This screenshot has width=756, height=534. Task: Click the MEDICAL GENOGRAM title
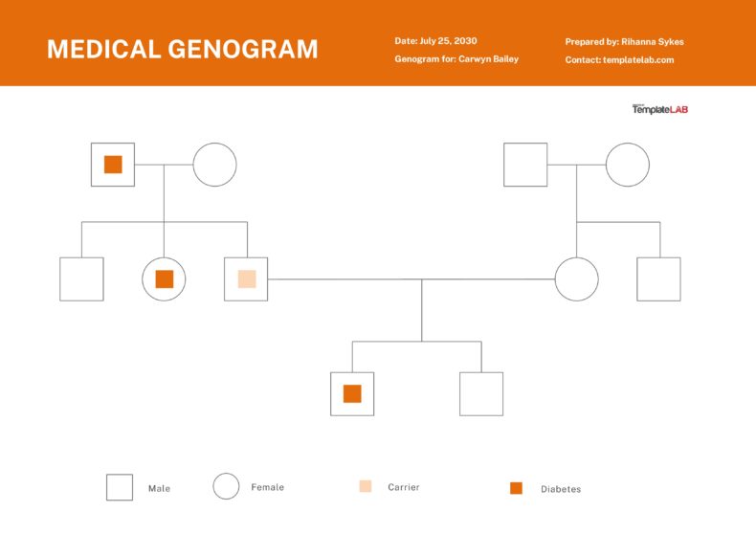click(182, 49)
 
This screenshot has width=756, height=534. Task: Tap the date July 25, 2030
click(448, 41)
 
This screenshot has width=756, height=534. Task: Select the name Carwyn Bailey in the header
click(488, 59)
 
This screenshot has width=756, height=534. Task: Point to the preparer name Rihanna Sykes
click(653, 42)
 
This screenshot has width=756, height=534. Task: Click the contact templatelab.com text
click(638, 60)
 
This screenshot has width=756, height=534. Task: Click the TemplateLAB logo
click(659, 109)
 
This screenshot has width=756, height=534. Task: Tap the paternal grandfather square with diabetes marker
click(113, 165)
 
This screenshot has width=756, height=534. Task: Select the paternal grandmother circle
click(214, 165)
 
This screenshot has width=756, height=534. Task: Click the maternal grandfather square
click(525, 165)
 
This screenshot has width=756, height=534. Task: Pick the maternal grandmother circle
click(628, 165)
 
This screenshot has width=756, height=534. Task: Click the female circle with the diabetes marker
click(164, 279)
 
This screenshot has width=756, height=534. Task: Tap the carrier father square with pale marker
click(246, 279)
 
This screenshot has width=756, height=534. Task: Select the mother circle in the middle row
click(576, 279)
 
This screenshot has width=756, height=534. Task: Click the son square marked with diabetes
click(352, 393)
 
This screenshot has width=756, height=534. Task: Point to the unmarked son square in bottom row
click(481, 393)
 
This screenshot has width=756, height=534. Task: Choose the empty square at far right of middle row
click(658, 279)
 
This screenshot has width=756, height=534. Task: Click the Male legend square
click(120, 487)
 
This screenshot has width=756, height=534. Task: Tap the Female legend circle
click(226, 487)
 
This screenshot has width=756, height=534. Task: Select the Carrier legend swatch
click(366, 487)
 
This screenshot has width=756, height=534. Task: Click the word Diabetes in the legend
click(560, 489)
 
